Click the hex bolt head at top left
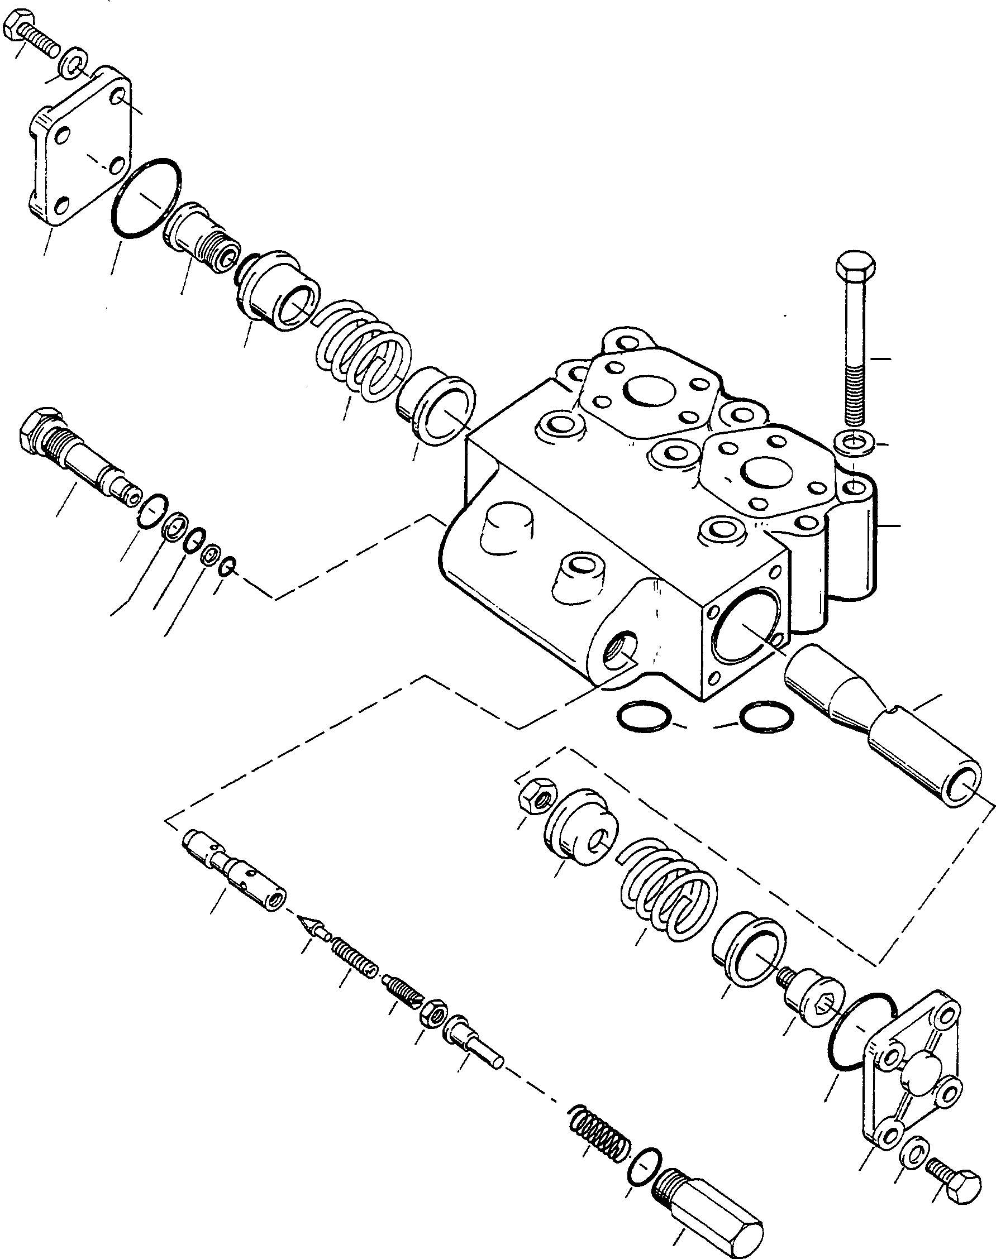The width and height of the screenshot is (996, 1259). point(14,27)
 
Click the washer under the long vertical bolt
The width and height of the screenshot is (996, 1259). point(854,444)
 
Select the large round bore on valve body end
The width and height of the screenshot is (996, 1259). point(749,626)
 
